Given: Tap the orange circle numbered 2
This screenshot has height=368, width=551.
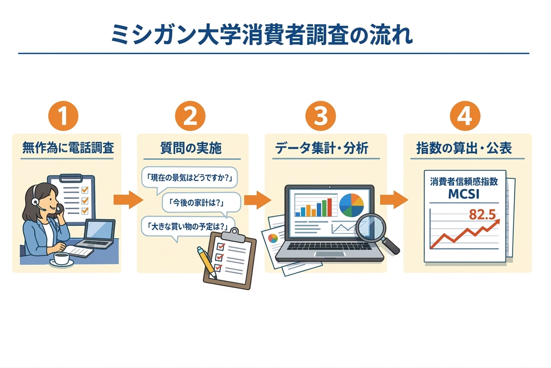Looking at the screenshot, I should [x=190, y=117].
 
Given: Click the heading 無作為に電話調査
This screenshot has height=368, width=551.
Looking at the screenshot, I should [x=68, y=148].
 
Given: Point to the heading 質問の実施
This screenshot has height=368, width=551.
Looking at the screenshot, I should [x=191, y=148].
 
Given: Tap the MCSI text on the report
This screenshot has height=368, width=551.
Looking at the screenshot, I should [x=464, y=194].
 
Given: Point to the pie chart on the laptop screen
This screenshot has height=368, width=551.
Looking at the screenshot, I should [x=351, y=205].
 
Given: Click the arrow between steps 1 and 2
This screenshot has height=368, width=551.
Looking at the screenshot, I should [x=128, y=200].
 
